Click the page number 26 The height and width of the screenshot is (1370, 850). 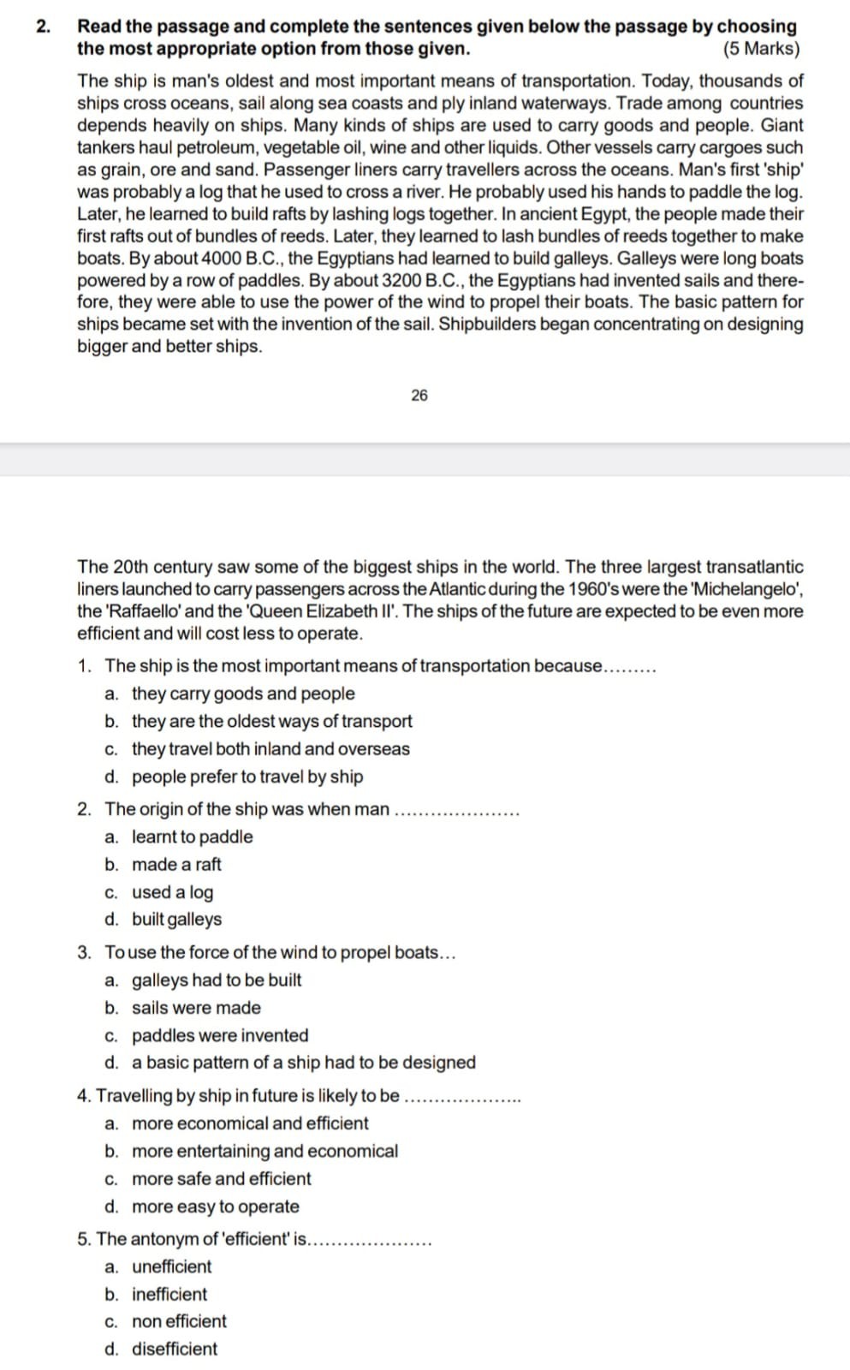419,395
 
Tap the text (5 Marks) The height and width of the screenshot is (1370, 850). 761,48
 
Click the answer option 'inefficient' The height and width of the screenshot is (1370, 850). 169,1294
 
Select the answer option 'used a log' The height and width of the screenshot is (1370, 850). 172,892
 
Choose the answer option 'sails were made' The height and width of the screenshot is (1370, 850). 196,1008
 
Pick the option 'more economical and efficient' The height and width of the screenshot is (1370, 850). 250,1123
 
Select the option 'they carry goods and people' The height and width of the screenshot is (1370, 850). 243,694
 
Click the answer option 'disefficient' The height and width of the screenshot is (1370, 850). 175,1349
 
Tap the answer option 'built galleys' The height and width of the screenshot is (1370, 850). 176,920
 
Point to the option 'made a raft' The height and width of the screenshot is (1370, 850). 176,864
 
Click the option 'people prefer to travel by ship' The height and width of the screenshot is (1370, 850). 247,777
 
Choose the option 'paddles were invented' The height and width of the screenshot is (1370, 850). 220,1035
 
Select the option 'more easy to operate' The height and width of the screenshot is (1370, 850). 216,1206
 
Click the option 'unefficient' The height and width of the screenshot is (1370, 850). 171,1266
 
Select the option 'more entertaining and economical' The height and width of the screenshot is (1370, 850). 265,1151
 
